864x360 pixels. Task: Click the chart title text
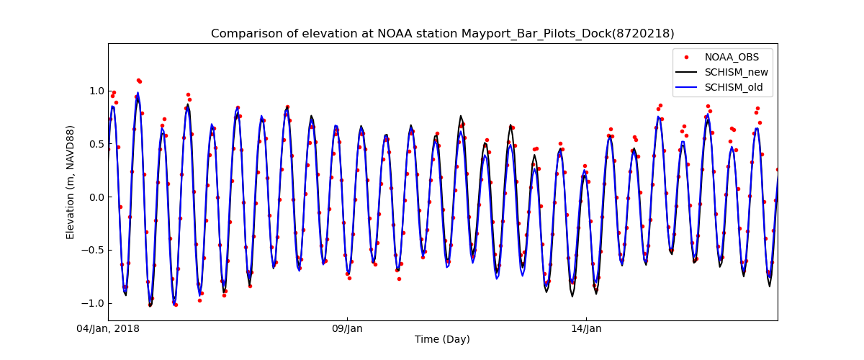(x=442, y=34)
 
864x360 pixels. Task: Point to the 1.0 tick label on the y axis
(x=96, y=91)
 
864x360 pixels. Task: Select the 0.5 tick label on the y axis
(x=96, y=144)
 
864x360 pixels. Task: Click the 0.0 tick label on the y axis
(x=96, y=197)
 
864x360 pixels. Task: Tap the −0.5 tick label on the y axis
(x=94, y=251)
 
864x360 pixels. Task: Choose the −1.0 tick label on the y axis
(x=94, y=303)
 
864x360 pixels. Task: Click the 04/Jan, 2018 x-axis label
(x=109, y=329)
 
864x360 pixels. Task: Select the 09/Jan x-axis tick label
(x=347, y=329)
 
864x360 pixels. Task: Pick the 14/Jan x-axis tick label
(x=586, y=329)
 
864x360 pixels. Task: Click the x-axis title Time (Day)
(x=442, y=340)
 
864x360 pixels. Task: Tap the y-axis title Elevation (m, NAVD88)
(x=71, y=182)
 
